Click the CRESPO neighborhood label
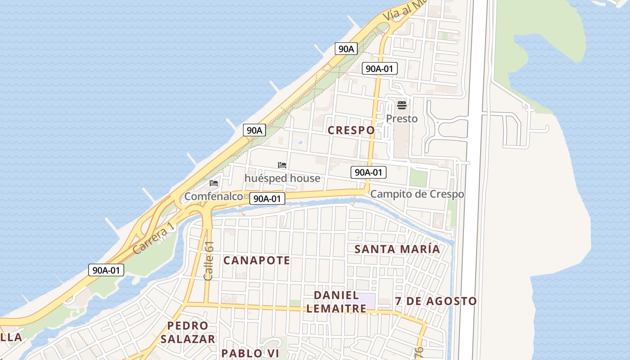coord(351,130)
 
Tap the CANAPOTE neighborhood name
coord(256,261)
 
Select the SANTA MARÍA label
coord(397,249)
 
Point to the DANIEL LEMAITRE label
coord(340,302)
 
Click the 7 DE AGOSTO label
coord(436,301)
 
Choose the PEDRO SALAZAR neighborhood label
coord(188,332)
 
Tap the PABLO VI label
coord(250,353)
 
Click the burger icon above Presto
coord(402,105)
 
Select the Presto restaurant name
coord(402,119)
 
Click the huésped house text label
coord(282,179)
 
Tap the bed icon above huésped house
coord(282,165)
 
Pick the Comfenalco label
coord(213,197)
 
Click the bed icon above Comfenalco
coord(213,183)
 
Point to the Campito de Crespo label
coord(417,194)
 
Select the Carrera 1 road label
coord(153,238)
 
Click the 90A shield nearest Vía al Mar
coord(346,49)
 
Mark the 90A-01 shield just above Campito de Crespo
coord(369,172)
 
